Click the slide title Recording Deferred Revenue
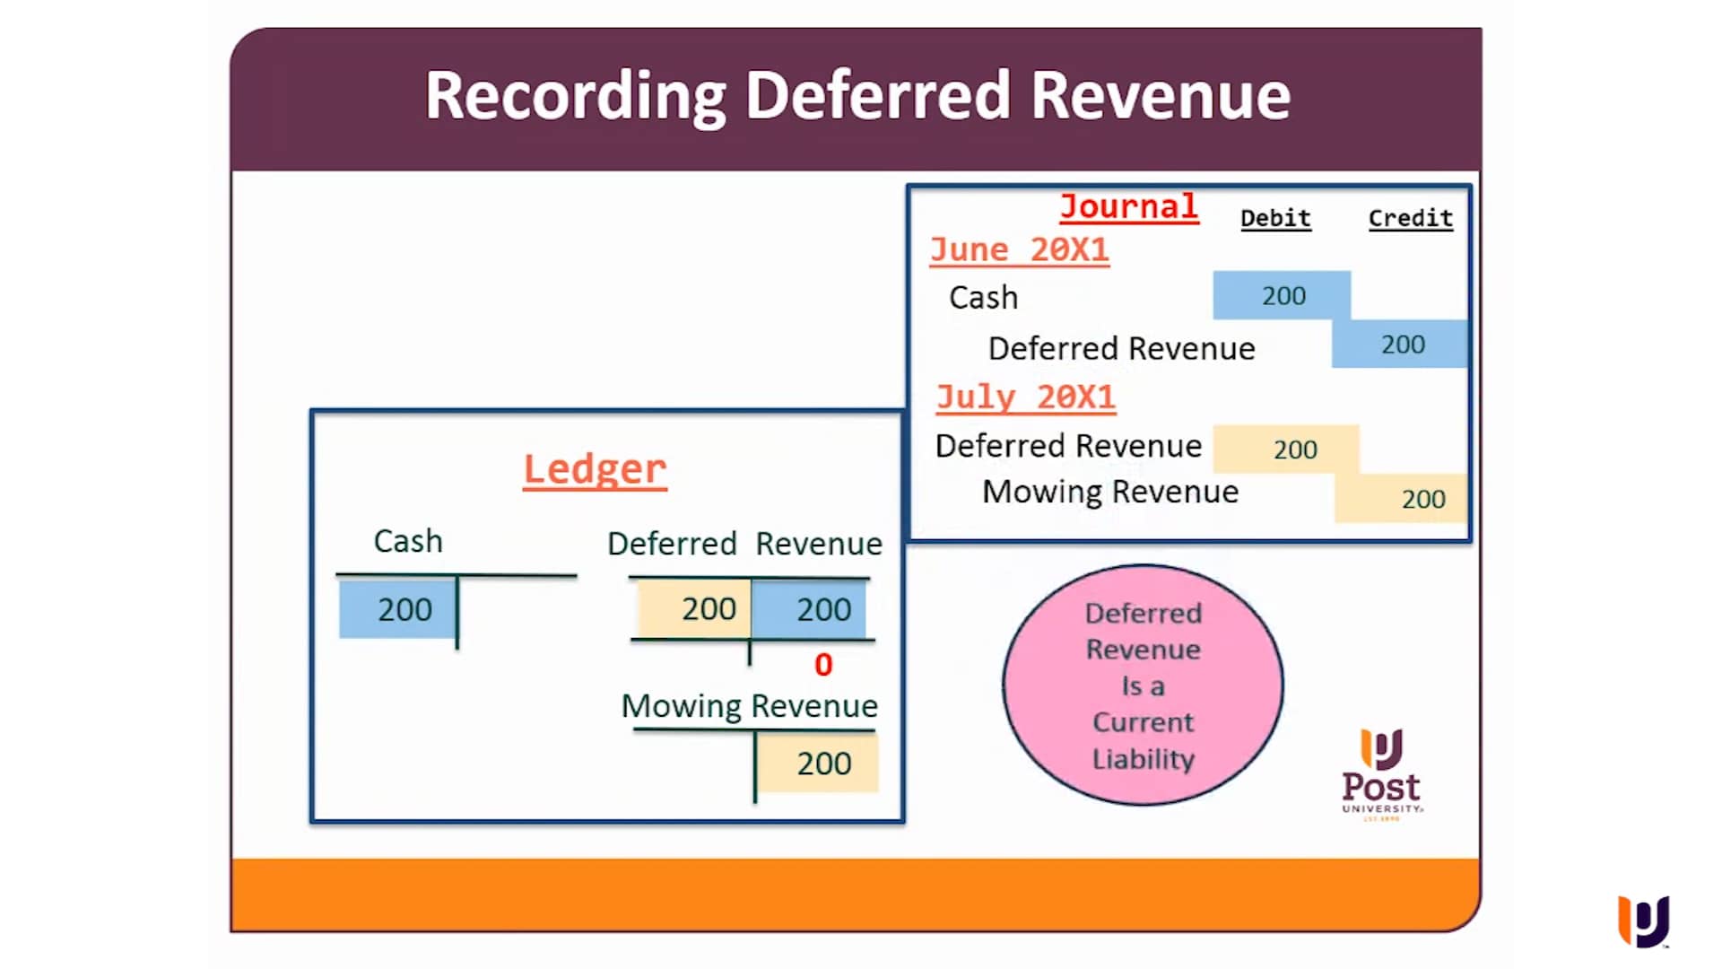coord(857,95)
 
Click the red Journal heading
coord(1128,206)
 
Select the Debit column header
coord(1275,218)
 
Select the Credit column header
coord(1410,218)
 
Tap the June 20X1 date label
coord(1019,249)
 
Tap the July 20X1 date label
coord(1025,397)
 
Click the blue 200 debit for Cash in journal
coord(1283,295)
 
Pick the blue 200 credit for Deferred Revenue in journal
coord(1402,345)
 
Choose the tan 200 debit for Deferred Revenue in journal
coord(1294,450)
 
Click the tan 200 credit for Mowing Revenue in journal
coord(1422,499)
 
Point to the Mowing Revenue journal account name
coord(1110,492)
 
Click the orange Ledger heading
coord(595,468)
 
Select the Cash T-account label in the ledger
coord(408,541)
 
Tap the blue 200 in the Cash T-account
coord(404,610)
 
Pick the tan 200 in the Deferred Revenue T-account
coord(708,609)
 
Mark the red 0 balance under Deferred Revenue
coord(823,665)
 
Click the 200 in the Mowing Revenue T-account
coord(823,764)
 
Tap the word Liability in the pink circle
coord(1143,759)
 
